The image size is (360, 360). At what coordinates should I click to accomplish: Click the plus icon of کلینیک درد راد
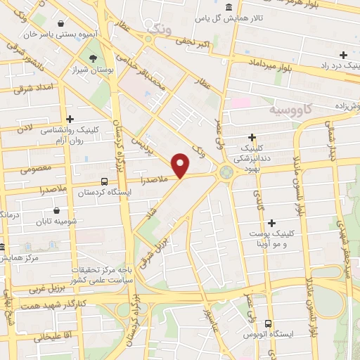(x=343, y=55)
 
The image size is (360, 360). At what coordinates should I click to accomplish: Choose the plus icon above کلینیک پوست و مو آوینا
(x=271, y=223)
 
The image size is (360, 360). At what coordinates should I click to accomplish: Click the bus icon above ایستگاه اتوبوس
(x=267, y=323)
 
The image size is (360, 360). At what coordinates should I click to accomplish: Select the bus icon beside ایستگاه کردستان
(x=104, y=181)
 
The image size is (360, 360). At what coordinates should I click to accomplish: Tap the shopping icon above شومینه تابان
(x=57, y=210)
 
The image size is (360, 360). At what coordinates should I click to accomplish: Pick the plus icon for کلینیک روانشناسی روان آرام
(x=70, y=120)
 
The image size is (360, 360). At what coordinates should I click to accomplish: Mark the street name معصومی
(x=36, y=169)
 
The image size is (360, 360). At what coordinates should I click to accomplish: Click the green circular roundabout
(x=226, y=172)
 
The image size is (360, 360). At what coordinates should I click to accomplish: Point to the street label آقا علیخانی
(x=50, y=337)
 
